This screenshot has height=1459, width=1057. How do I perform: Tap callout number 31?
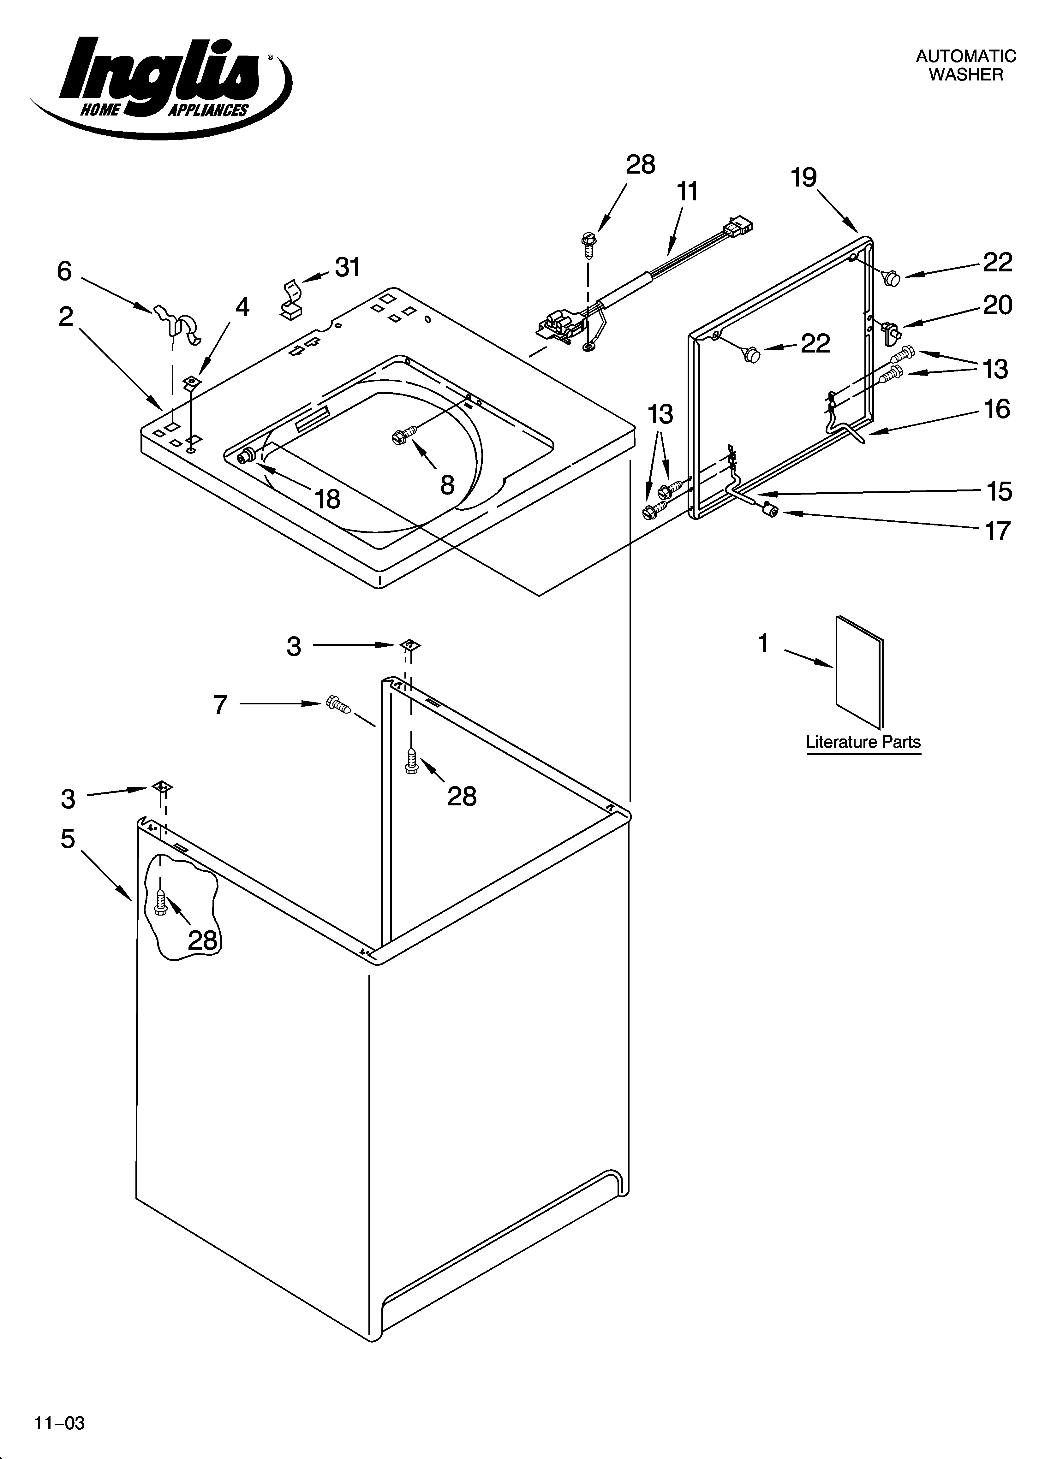348,267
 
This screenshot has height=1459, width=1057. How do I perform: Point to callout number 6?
64,271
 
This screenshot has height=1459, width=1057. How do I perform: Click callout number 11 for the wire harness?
688,192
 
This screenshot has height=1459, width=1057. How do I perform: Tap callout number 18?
328,499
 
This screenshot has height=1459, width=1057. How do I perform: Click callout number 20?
997,305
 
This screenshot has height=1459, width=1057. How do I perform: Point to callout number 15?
999,491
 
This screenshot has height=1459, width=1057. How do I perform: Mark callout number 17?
997,531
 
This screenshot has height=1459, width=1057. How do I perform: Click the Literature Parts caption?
863,742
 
